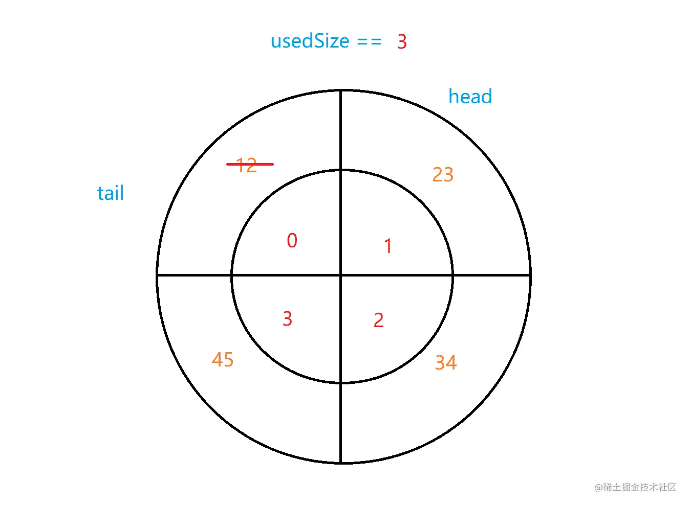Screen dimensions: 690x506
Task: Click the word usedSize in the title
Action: pos(310,41)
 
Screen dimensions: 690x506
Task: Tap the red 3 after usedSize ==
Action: pos(402,42)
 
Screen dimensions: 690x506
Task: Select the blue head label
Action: pos(470,97)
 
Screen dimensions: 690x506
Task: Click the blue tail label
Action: pos(111,193)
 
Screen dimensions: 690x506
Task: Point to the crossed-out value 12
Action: pos(249,165)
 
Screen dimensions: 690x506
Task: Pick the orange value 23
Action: pos(443,175)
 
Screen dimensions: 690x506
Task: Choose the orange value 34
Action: pos(445,363)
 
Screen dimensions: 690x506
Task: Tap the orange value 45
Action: pos(223,360)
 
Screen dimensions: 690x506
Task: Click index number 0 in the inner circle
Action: pos(292,241)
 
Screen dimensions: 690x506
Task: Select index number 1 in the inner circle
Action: pos(388,246)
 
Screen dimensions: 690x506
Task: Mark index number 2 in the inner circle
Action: pos(378,320)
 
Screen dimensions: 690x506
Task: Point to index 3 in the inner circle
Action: pos(287,319)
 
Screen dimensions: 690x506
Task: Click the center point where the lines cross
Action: pos(341,275)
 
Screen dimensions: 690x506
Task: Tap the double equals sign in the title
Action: pos(369,42)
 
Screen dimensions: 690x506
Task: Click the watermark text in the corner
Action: pos(635,487)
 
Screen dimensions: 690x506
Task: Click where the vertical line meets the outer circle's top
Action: pos(341,90)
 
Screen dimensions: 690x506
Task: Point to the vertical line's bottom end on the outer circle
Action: pos(341,463)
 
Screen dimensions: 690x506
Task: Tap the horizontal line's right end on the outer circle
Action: pos(530,275)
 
